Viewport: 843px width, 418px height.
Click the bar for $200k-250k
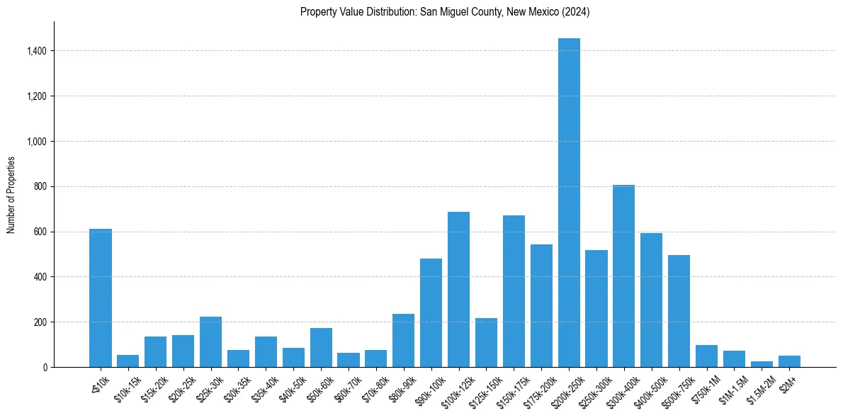point(569,203)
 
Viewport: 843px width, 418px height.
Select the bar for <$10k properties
point(101,298)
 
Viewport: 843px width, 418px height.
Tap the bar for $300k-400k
point(623,276)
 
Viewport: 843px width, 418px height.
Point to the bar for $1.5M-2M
point(762,364)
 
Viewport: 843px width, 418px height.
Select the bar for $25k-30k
point(210,341)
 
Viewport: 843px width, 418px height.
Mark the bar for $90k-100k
point(431,312)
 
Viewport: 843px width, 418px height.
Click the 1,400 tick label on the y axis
point(37,51)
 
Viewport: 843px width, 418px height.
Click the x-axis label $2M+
point(788,383)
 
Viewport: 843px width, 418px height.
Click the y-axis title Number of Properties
point(11,195)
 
